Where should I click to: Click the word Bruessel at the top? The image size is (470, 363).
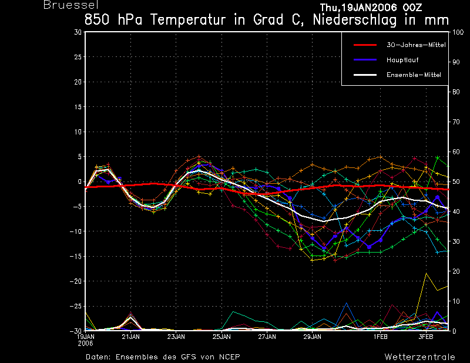[70, 5]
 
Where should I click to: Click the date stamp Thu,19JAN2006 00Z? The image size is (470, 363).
[371, 8]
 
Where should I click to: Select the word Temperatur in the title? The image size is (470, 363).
[187, 20]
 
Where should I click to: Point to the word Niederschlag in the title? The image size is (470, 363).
[355, 21]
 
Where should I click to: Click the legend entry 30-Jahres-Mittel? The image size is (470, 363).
[416, 45]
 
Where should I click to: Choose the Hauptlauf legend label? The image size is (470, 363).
[402, 60]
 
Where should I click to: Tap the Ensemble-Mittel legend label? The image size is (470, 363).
[414, 75]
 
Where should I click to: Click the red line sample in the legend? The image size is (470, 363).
[365, 45]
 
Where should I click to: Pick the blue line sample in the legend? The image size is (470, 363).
[365, 60]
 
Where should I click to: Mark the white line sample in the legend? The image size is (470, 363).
[365, 75]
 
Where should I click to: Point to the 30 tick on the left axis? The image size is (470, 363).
[78, 32]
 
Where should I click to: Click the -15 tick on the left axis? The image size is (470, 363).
[76, 256]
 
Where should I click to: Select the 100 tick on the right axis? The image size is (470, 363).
[458, 32]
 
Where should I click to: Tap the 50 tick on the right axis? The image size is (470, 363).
[456, 181]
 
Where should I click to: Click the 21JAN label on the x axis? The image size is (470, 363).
[130, 337]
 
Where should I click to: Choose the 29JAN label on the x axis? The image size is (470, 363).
[312, 337]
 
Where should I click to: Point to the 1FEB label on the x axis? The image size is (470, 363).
[380, 337]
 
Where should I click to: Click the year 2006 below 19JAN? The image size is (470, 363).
[86, 344]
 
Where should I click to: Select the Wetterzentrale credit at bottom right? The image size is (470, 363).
[420, 357]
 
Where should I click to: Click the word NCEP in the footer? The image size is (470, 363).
[229, 357]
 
